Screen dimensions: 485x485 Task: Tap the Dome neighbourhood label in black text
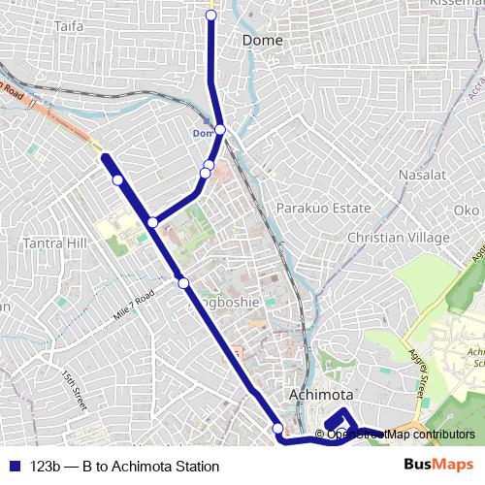261,41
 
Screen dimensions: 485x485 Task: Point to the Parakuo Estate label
324,209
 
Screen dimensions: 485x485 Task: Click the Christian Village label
398,238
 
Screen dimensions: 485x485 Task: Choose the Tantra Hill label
55,242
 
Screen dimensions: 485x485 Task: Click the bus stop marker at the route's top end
211,16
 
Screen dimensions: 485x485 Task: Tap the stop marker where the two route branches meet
152,223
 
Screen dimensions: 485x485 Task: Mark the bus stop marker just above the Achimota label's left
278,429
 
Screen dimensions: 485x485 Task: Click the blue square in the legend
14,467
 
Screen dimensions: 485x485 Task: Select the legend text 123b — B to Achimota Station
125,467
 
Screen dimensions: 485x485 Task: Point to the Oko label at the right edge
467,210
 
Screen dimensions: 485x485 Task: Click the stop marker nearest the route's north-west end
117,179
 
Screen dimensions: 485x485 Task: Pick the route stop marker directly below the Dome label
220,129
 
